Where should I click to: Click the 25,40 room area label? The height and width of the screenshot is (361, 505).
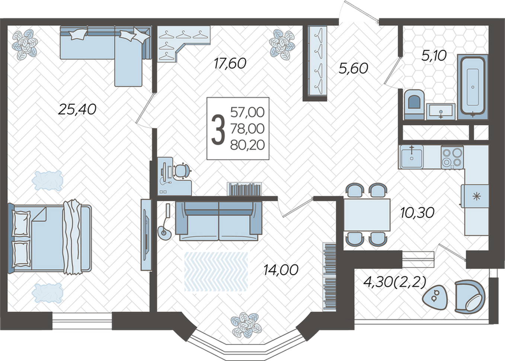point(77,109)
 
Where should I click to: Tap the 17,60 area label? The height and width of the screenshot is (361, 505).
point(230,63)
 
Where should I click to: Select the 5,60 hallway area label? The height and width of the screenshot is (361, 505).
point(353,68)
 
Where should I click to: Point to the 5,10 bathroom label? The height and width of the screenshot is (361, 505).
point(434,55)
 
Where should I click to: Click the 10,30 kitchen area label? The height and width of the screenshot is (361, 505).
point(417,213)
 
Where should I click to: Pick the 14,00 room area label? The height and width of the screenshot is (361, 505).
point(281,270)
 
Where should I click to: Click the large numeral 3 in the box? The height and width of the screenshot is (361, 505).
point(218,129)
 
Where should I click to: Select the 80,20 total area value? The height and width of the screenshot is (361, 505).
point(247,146)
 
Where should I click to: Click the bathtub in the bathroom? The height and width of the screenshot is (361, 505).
point(473,87)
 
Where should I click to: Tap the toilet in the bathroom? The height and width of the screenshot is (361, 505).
point(414,105)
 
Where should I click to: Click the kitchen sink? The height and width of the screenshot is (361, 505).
point(412,157)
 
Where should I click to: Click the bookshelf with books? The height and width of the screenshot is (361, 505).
point(244,189)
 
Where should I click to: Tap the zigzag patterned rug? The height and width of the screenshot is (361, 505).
point(216,271)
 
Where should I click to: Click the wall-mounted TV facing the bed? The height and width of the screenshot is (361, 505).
point(147,234)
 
